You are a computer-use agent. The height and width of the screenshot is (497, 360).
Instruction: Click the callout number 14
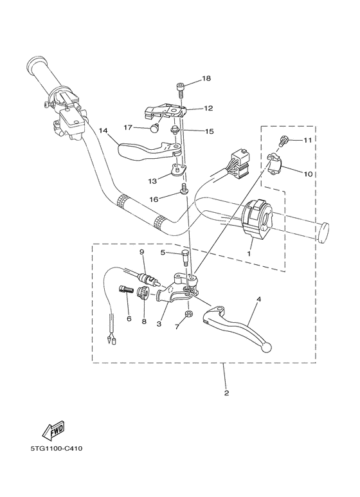point(102,138)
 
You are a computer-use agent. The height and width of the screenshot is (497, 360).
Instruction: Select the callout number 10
point(307,174)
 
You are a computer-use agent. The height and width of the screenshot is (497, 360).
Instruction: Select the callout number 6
point(129,318)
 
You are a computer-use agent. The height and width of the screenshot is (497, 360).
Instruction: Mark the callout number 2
point(226,392)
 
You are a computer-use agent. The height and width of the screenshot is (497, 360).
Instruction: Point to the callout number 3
point(158,324)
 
